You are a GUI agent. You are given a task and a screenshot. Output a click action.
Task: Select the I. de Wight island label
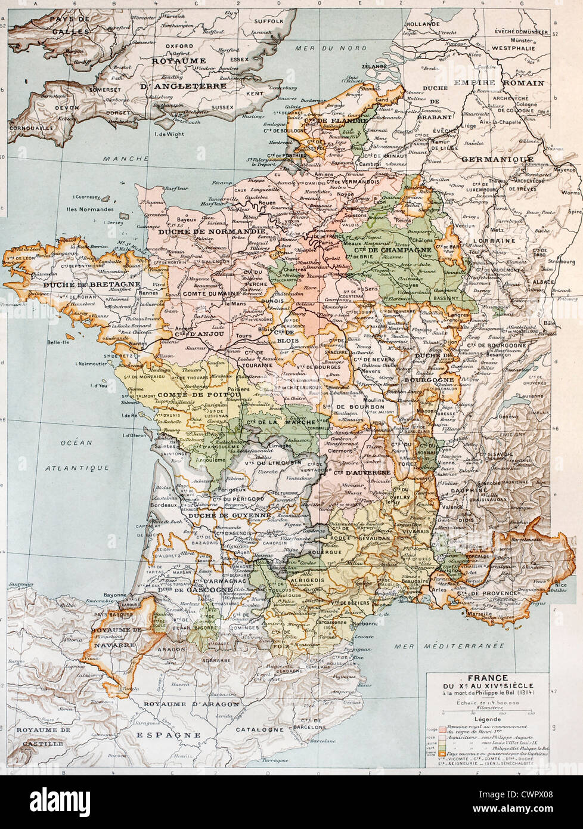(170, 134)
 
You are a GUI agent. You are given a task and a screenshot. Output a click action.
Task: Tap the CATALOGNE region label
(259, 729)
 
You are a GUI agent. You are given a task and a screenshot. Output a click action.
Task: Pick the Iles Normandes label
(90, 209)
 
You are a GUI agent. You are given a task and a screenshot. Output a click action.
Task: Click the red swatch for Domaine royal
(442, 729)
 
